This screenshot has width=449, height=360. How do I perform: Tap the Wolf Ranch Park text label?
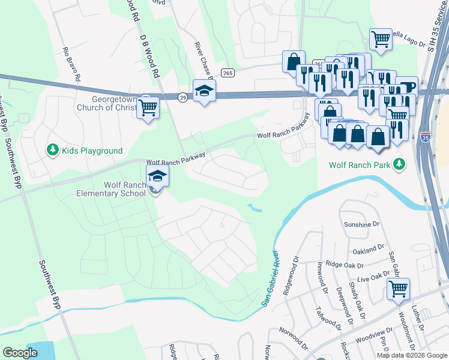click(x=359, y=164)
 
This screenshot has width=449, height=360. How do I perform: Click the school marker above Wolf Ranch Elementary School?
click(x=157, y=176)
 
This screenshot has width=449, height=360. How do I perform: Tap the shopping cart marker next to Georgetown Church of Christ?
click(x=148, y=108)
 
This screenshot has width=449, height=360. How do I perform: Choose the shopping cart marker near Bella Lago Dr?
click(x=381, y=40)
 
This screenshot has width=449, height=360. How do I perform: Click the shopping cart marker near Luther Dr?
click(x=398, y=289)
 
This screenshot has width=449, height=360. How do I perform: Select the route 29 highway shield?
click(x=182, y=96)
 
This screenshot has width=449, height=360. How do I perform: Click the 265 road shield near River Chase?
click(x=227, y=73)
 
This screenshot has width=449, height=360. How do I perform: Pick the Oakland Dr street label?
click(x=368, y=248)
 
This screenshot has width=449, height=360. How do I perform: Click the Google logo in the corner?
click(x=20, y=353)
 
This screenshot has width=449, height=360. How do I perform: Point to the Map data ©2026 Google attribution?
click(x=411, y=355)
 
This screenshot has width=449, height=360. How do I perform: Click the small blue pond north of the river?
click(x=255, y=209)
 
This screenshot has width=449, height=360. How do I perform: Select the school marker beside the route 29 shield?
click(x=204, y=91)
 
